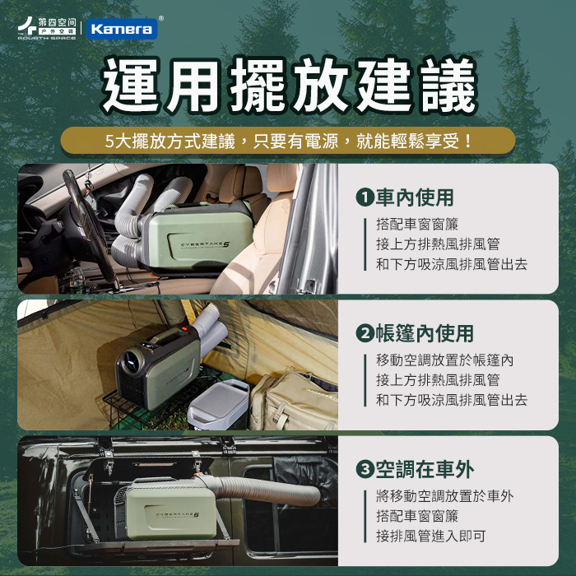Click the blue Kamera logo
(x=122, y=29)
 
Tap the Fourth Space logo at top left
(x=47, y=28)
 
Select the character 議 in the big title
(x=449, y=86)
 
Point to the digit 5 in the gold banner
(x=109, y=142)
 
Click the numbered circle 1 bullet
(x=365, y=197)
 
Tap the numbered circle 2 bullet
(x=365, y=333)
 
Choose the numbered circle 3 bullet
(x=365, y=470)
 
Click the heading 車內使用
(x=415, y=197)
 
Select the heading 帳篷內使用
(x=425, y=333)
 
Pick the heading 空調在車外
(x=425, y=470)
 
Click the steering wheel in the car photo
(x=86, y=221)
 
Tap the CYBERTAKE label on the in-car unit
(x=206, y=245)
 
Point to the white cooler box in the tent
(x=219, y=405)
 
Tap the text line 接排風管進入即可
(x=431, y=536)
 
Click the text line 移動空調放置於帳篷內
(x=445, y=360)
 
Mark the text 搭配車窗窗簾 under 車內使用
(x=417, y=224)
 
